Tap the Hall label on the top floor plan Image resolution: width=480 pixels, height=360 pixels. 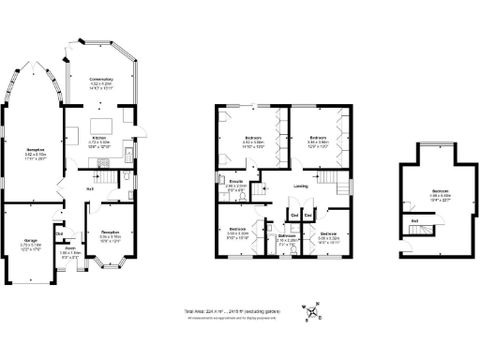pos(414,221)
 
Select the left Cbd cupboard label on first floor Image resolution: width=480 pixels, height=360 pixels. pos(294,215)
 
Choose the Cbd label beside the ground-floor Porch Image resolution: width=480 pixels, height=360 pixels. pos(59,233)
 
